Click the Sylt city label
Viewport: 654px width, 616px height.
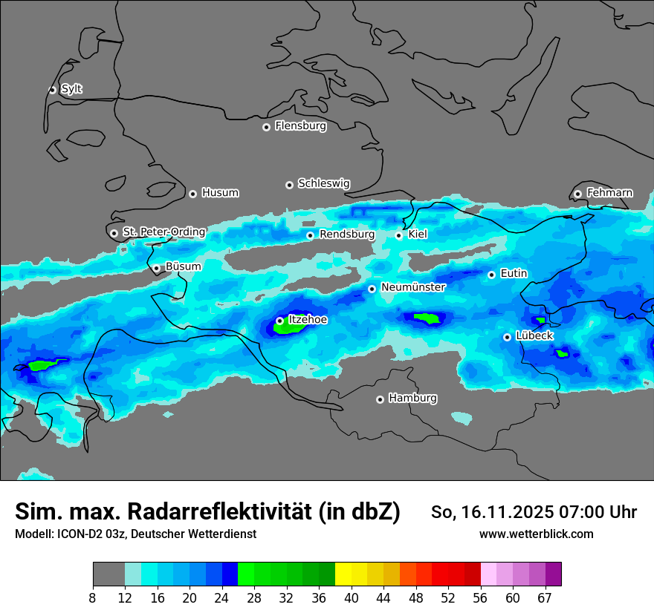point(71,89)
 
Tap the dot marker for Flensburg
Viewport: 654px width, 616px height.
point(266,127)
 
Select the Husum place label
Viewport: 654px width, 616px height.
point(220,193)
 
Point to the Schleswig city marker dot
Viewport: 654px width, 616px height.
point(289,185)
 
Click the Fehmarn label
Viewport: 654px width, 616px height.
point(609,193)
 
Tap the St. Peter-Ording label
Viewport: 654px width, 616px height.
point(163,232)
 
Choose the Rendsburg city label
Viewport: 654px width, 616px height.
point(346,235)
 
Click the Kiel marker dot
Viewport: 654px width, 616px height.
point(398,235)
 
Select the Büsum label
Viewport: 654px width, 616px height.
point(183,266)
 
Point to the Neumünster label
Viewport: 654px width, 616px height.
point(412,287)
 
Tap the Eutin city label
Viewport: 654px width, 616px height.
point(514,274)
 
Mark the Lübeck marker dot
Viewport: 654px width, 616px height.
point(507,337)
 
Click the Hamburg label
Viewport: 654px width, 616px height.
point(412,399)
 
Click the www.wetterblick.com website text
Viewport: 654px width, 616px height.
point(536,534)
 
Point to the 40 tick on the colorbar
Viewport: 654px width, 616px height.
point(352,597)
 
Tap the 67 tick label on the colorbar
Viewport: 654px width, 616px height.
point(545,597)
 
